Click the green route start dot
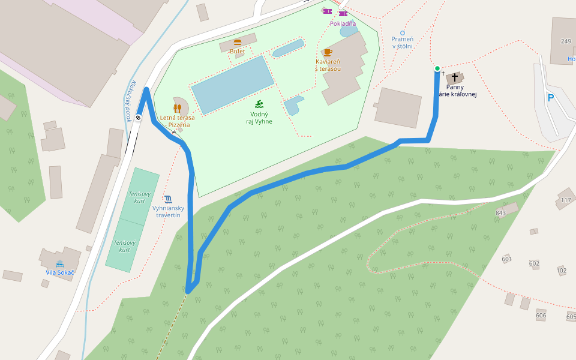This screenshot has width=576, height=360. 437,68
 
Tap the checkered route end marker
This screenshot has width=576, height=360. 139,118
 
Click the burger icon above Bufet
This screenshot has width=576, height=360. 238,43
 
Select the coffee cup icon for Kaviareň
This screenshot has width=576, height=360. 328,52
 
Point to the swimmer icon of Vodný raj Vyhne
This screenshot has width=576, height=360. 259,104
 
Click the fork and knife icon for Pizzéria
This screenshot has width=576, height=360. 177,108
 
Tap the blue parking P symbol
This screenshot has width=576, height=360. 550,98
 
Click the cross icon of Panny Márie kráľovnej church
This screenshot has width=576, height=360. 455,77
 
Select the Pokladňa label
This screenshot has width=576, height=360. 343,24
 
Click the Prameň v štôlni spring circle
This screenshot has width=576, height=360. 403,32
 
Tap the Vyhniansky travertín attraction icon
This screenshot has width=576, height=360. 168,199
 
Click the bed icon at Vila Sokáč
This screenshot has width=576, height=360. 59,264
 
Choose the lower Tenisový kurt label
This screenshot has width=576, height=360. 125,246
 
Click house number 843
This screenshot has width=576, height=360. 501,213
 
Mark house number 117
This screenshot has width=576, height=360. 565,200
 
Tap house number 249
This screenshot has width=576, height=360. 565,41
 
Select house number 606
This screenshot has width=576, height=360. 541,315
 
